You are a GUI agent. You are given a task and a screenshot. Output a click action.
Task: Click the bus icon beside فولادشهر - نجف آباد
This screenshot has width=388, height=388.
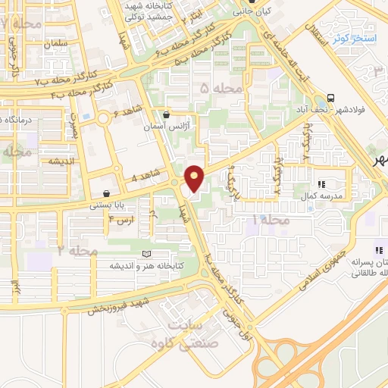(x=330, y=98)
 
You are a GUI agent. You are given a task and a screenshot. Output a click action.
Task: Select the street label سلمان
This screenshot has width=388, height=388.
(x=57, y=43)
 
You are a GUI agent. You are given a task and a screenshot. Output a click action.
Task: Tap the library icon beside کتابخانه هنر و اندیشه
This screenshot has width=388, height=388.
(x=146, y=253)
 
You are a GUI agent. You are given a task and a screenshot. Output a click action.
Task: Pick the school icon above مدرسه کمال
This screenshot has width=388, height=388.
(x=321, y=184)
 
